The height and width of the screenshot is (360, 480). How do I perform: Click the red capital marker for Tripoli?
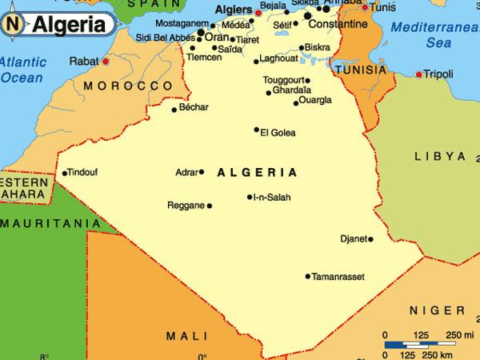click(419, 74)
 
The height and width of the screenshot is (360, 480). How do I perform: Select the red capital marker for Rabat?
click(106, 59)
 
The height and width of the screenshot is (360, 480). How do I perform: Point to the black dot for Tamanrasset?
click(307, 277)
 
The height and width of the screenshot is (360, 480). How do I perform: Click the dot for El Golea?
click(257, 130)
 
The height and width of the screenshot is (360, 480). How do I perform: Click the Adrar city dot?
click(202, 171)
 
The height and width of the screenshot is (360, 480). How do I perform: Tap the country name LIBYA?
click(439, 155)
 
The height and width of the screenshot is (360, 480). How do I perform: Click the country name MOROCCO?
click(128, 85)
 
